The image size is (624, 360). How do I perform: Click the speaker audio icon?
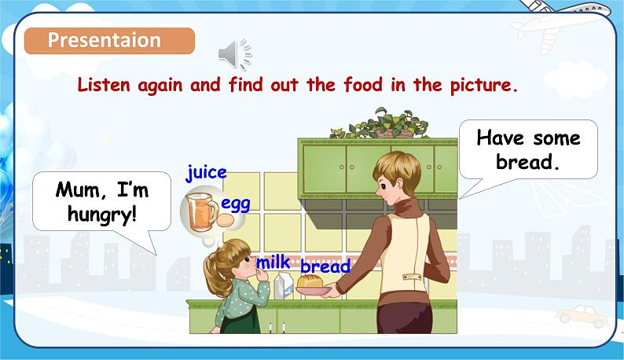[233, 53]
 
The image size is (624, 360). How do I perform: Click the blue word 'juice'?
[206, 172]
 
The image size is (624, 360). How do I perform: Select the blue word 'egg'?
[235, 204]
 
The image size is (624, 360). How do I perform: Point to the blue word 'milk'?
[273, 262]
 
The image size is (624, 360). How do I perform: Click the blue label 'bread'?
[325, 266]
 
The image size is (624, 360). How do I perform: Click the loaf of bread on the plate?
[311, 281]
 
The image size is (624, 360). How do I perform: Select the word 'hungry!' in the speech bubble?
[101, 213]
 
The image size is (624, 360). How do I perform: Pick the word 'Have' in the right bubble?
[499, 138]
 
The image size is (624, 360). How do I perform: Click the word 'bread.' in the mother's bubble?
[528, 163]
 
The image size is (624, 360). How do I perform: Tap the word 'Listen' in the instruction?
[103, 85]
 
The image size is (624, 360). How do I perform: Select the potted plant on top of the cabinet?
[382, 123]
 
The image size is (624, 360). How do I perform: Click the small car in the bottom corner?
[582, 316]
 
